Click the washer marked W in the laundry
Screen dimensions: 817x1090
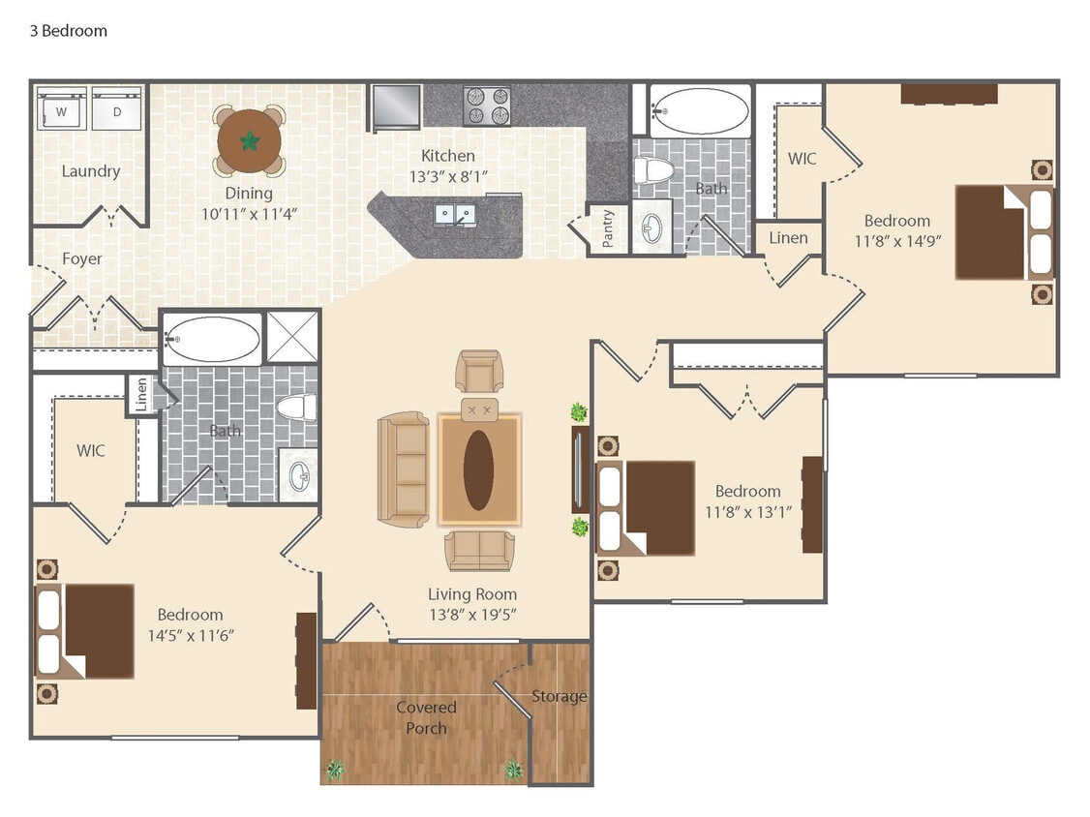[62, 110]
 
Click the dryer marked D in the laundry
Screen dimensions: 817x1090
[117, 110]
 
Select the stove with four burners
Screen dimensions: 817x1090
[487, 106]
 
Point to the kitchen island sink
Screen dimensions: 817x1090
[453, 214]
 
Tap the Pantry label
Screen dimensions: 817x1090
[608, 229]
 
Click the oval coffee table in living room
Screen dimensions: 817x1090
[478, 469]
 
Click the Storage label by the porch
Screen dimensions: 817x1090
[559, 696]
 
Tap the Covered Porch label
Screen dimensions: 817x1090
[426, 717]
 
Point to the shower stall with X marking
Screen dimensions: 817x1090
[292, 336]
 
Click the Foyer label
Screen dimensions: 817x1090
[82, 258]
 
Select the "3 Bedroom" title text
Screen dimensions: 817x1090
[68, 31]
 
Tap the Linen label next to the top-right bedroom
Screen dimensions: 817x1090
[788, 237]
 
